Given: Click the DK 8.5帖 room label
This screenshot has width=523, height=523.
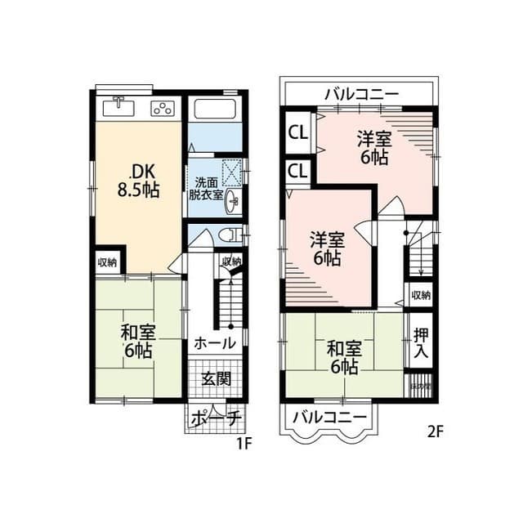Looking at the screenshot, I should tap(136, 181).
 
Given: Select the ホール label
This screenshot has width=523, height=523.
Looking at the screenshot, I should tap(214, 342).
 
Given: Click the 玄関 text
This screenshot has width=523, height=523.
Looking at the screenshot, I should tap(216, 378).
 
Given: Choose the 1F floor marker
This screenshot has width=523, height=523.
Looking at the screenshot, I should tap(242, 445).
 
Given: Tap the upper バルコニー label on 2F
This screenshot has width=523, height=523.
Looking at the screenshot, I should tap(360, 93).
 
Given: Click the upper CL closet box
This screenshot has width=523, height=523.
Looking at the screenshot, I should tap(297, 132).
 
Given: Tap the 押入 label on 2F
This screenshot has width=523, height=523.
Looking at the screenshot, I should tap(420, 342).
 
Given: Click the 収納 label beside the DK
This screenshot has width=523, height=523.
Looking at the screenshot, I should tap(107, 262).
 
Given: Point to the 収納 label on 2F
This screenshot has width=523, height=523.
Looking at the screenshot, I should tap(420, 295).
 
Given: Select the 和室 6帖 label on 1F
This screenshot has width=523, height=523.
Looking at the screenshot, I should tap(136, 342).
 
